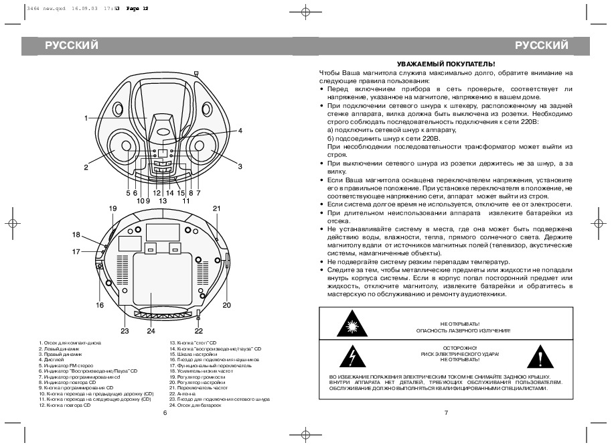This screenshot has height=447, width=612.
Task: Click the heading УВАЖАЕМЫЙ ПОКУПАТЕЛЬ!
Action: (x=445, y=63)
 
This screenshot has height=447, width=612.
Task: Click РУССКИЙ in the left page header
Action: (x=72, y=46)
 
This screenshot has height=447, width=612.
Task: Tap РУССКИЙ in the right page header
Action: (x=542, y=46)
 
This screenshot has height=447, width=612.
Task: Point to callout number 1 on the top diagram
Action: (x=86, y=118)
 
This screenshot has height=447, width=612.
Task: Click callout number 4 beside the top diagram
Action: (x=240, y=131)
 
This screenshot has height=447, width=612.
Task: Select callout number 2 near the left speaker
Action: (x=86, y=167)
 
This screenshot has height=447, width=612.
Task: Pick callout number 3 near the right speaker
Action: (x=239, y=166)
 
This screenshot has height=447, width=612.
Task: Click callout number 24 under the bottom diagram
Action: (x=151, y=330)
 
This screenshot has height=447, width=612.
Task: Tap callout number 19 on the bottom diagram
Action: (x=113, y=208)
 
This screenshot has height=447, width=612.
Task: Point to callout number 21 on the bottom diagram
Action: (x=216, y=208)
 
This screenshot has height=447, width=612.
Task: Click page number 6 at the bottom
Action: (x=164, y=413)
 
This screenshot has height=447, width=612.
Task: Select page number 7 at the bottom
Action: (x=445, y=413)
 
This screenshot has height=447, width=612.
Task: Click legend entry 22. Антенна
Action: (x=181, y=394)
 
